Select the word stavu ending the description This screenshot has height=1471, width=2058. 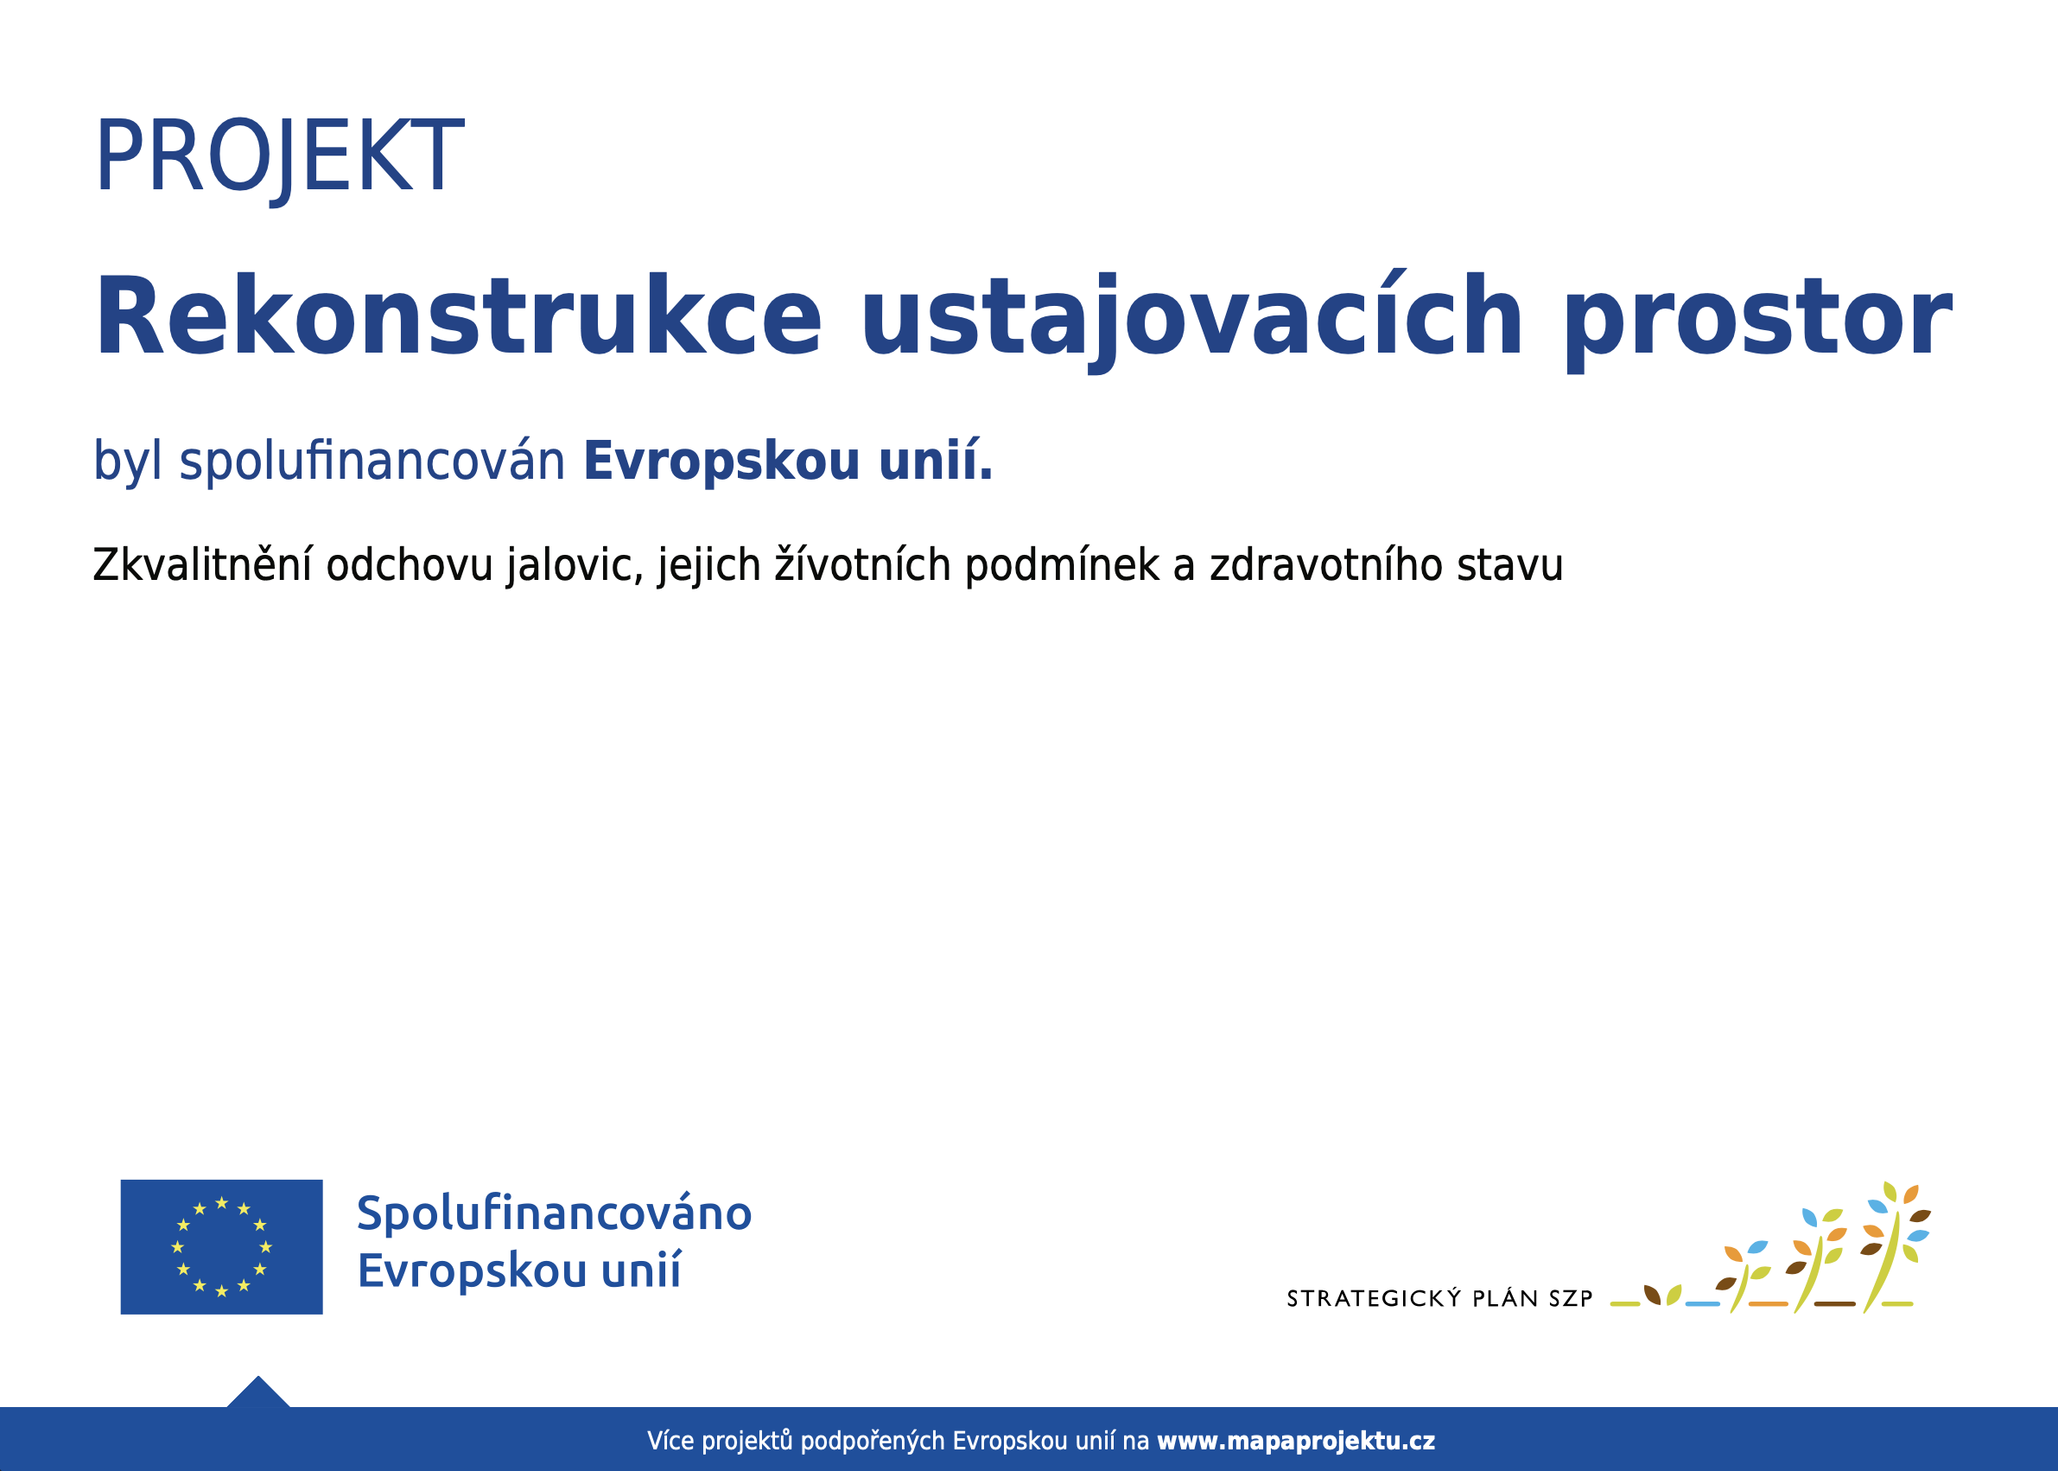[1510, 565]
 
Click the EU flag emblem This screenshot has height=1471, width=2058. [222, 1246]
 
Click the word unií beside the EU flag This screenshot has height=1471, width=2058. [641, 1269]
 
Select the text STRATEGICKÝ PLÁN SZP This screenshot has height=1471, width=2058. [1439, 1298]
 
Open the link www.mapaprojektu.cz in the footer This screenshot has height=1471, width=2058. [1296, 1440]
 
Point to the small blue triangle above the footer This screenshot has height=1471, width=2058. [258, 1392]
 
